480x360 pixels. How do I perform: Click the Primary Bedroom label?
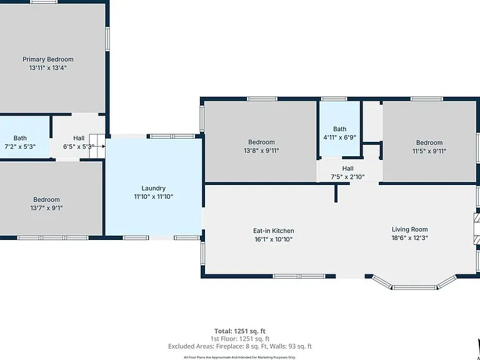pos(48,59)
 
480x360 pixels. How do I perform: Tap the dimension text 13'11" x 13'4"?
pos(48,67)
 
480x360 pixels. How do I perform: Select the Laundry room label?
pos(153,189)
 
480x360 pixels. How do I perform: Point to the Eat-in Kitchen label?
pos(274,231)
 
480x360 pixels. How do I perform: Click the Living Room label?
pos(409,229)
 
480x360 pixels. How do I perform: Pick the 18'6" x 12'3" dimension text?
pos(409,238)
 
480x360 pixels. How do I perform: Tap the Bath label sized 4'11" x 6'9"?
pos(340,129)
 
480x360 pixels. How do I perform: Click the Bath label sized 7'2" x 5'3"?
pos(20,138)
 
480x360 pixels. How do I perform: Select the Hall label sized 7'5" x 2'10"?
pos(347,169)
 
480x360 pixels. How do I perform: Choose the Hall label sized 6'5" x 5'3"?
pos(79,138)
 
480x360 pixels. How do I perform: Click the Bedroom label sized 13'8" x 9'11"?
pos(261,142)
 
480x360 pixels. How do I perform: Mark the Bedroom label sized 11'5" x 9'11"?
pos(429,142)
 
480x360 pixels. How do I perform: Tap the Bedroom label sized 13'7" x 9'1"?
pos(46,200)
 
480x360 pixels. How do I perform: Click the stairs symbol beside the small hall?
pos(97,146)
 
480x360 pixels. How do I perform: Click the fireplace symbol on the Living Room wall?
pos(477,229)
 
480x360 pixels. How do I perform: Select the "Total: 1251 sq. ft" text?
pos(240,331)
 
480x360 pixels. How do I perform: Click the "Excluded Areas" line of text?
pos(240,346)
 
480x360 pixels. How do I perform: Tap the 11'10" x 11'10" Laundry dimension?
pos(153,196)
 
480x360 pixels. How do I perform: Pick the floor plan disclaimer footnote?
pos(240,357)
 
